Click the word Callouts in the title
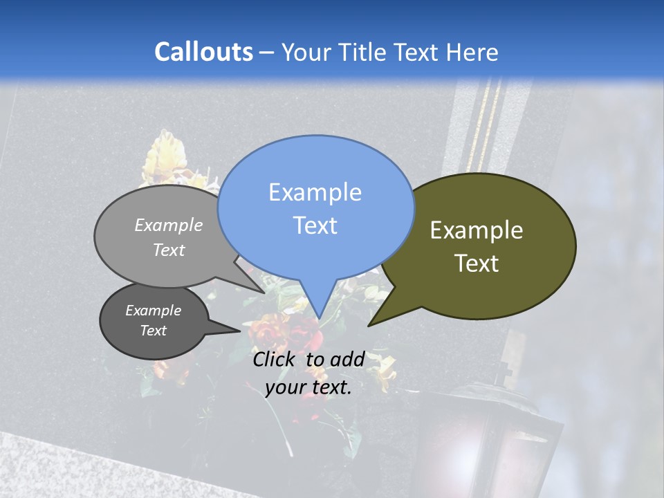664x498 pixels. click(x=203, y=52)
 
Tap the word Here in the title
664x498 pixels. click(x=472, y=52)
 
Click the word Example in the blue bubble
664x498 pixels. click(x=315, y=192)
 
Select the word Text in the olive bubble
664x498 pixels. click(x=477, y=264)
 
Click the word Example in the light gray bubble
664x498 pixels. click(x=169, y=225)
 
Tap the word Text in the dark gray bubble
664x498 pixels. click(x=153, y=331)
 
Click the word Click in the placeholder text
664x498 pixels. click(x=275, y=359)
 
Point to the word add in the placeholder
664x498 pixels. click(x=347, y=359)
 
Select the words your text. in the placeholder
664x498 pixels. click(x=308, y=387)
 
